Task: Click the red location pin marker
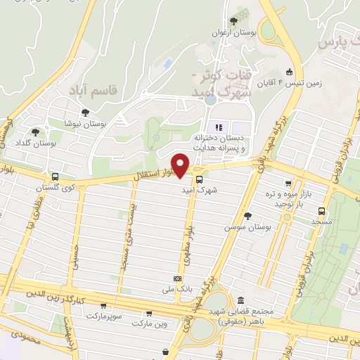click(x=181, y=165)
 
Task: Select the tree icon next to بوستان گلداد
click(x=35, y=131)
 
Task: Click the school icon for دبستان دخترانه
click(x=218, y=127)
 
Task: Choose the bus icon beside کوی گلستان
click(x=55, y=176)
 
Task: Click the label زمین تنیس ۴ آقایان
click(x=320, y=82)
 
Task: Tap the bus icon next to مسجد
click(x=321, y=210)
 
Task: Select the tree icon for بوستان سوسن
click(x=247, y=216)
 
